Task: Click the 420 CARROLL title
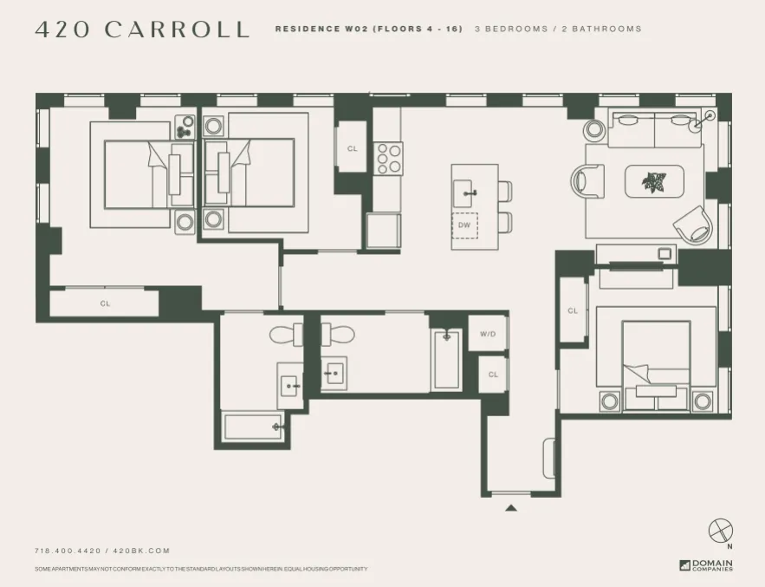click(142, 29)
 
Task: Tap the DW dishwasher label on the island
click(464, 225)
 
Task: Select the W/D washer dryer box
click(486, 333)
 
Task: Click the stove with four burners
click(388, 158)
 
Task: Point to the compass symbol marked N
click(720, 531)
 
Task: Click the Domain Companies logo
click(705, 565)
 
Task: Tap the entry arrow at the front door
click(511, 508)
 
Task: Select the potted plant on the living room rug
click(654, 182)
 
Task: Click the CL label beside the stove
click(352, 148)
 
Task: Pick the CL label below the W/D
click(493, 375)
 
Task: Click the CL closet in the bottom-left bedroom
click(105, 303)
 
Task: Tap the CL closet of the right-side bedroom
click(573, 310)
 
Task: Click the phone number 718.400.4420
click(68, 551)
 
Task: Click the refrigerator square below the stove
click(383, 231)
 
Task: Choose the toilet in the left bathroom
click(284, 334)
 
